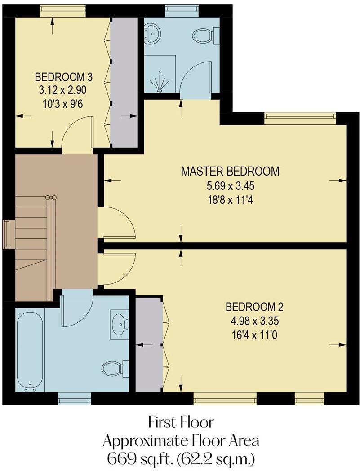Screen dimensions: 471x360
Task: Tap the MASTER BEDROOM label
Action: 230,171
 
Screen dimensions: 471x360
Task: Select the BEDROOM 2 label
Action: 254,307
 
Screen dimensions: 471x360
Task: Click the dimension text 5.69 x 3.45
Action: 230,185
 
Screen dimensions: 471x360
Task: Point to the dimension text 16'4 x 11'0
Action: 254,335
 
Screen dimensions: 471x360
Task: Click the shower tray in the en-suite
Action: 160,74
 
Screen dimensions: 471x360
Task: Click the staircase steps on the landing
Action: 31,233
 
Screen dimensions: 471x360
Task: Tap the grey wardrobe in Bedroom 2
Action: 148,344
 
